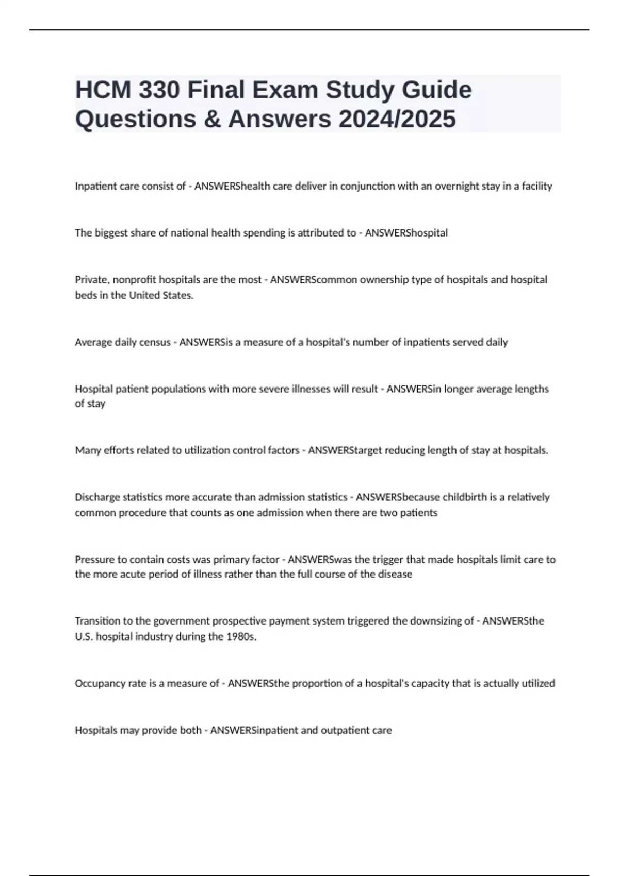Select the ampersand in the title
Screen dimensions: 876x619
215,119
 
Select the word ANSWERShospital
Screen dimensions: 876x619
406,233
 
